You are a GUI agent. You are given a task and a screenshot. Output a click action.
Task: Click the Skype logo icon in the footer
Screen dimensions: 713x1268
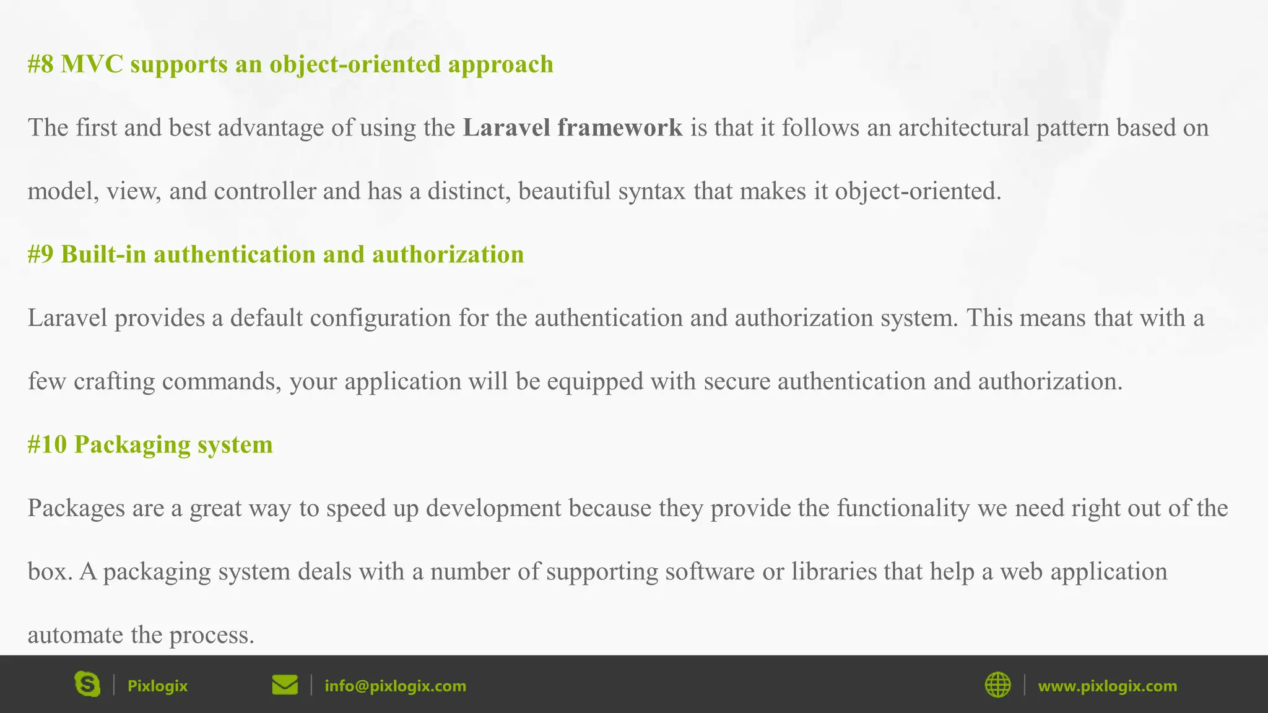[x=87, y=685]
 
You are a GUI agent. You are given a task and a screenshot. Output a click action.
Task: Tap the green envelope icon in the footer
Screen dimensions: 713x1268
[x=285, y=685]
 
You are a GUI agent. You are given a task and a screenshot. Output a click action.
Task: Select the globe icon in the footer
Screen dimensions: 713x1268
[x=997, y=685]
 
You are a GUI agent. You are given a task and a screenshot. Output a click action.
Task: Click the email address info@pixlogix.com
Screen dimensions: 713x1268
[x=395, y=686]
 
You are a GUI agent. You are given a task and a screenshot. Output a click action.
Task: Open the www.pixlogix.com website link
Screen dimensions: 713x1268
[x=1107, y=686]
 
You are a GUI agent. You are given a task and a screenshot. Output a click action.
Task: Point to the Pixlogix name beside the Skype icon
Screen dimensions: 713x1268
[x=157, y=686]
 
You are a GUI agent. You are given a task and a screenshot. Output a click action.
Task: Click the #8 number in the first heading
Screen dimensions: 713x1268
[x=41, y=64]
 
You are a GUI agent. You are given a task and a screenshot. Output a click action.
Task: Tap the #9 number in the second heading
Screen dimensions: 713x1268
[x=41, y=254]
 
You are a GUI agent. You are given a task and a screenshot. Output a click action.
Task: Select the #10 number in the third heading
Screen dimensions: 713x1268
[x=47, y=444]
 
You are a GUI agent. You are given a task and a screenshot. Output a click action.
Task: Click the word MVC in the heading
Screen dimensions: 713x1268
[x=92, y=64]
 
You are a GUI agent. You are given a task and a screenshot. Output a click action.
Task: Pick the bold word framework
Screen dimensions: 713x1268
[x=620, y=127]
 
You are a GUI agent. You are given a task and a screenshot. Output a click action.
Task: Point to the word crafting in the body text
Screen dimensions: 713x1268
[x=114, y=381]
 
